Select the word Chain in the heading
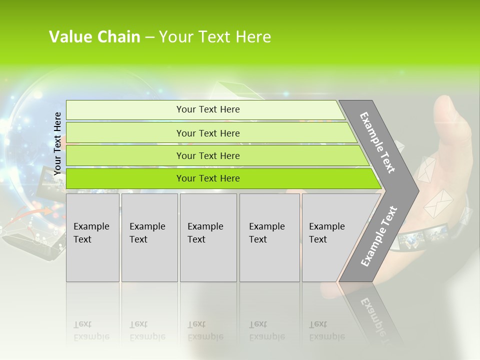119,37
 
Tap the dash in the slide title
149,37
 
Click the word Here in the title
252,37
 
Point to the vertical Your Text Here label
57,143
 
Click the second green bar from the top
208,133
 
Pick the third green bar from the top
208,155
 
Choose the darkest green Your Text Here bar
208,178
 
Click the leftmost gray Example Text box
92,237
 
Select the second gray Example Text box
149,237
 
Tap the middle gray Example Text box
208,237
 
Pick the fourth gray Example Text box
269,237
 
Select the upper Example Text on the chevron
377,142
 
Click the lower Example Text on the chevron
379,236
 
